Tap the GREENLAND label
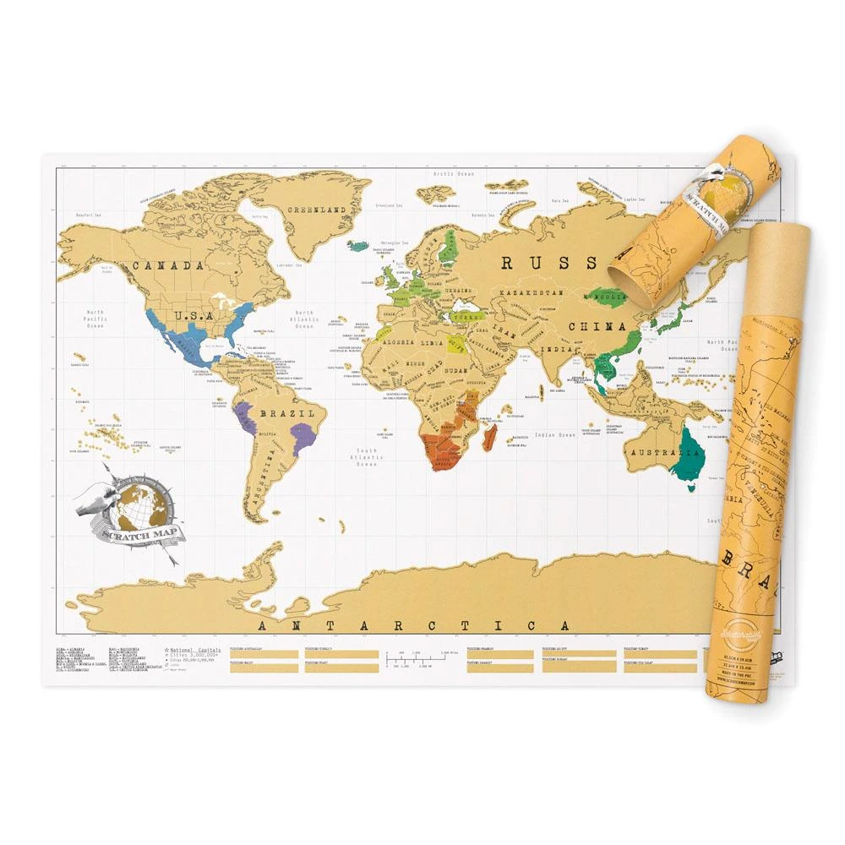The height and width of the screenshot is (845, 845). coord(317,209)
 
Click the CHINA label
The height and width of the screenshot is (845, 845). coord(597,326)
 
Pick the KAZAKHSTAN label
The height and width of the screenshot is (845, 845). coord(530,292)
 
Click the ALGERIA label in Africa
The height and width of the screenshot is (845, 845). coord(395,342)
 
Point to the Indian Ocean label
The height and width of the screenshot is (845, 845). coord(554,435)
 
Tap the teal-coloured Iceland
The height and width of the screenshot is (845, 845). coord(358,247)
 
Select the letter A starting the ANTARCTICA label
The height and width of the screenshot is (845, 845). coord(261,626)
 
